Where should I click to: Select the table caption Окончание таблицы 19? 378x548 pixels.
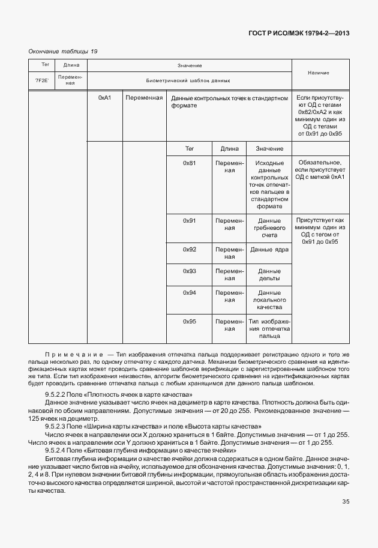pyautogui.click(x=63, y=51)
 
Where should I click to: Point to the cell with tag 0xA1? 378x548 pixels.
pyautogui.click(x=104, y=97)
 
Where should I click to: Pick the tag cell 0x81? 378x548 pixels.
pyautogui.click(x=190, y=163)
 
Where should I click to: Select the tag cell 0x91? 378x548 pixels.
pyautogui.click(x=190, y=220)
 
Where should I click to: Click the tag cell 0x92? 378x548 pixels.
pyautogui.click(x=190, y=249)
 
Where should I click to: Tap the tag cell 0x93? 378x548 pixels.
pyautogui.click(x=190, y=271)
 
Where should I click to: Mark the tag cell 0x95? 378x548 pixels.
pyautogui.click(x=190, y=321)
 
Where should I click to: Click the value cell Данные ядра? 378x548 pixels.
pyautogui.click(x=269, y=249)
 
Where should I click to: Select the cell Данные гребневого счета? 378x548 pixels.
pyautogui.click(x=269, y=227)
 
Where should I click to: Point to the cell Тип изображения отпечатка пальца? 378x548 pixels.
pyautogui.click(x=269, y=329)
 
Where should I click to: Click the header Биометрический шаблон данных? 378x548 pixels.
pyautogui.click(x=188, y=80)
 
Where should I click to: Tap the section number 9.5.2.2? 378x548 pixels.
pyautogui.click(x=60, y=393)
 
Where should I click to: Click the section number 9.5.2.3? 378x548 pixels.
pyautogui.click(x=60, y=426)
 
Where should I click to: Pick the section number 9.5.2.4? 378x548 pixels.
pyautogui.click(x=60, y=450)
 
